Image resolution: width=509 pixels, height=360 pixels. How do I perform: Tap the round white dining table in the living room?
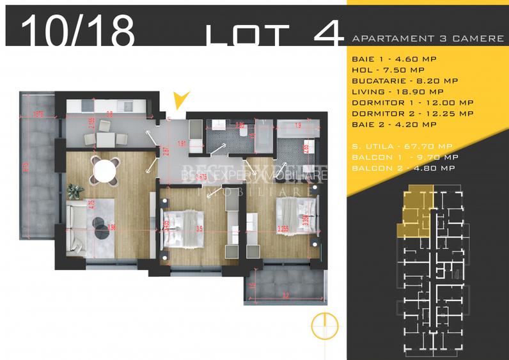106,170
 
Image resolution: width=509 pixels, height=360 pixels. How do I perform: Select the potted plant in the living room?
75,190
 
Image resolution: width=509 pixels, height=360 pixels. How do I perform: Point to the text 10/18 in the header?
78,31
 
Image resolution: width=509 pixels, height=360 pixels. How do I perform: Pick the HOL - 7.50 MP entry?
388,69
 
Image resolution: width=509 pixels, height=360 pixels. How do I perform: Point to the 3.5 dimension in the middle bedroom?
200,228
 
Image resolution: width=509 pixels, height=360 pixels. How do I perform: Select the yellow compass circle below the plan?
324,326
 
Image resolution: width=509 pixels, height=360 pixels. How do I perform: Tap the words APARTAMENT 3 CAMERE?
428,38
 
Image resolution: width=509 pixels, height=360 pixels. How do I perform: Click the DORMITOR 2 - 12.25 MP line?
412,113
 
